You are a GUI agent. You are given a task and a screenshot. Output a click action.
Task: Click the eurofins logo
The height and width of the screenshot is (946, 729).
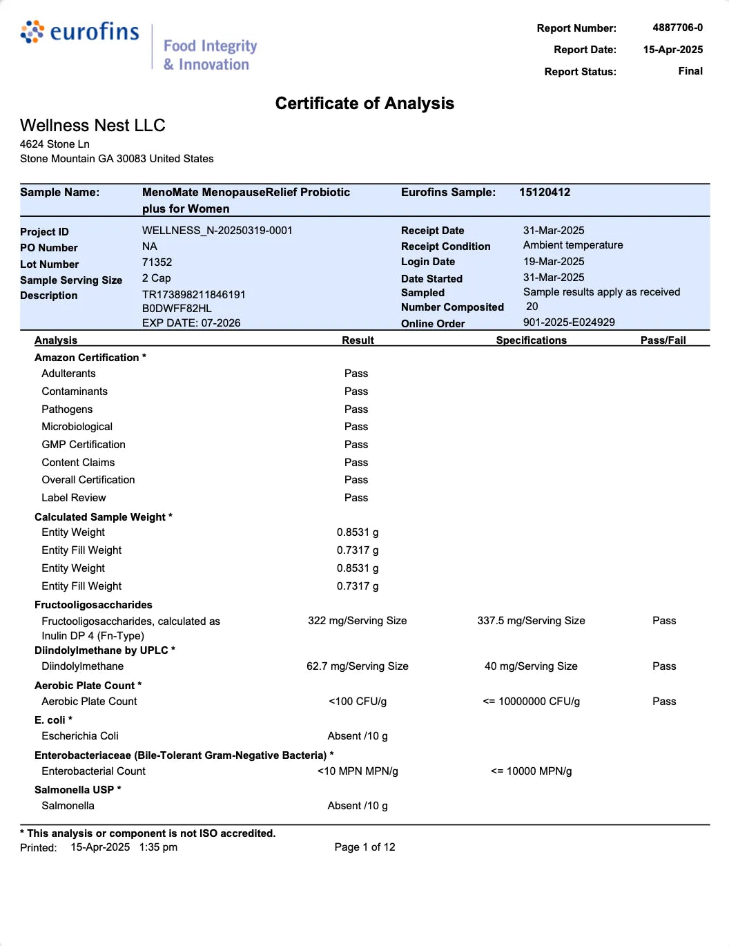pos(80,32)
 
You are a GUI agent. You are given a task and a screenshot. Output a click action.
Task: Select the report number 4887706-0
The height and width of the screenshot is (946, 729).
pos(677,28)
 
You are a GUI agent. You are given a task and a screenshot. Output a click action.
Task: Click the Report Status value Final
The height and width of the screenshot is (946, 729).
pos(690,71)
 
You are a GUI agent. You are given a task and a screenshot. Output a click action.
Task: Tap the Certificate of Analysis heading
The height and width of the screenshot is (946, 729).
pos(364,104)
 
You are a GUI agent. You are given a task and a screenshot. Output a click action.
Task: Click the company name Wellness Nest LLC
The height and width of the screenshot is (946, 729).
pos(93,126)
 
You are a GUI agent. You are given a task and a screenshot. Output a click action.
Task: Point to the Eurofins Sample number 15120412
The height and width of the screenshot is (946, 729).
pos(545,193)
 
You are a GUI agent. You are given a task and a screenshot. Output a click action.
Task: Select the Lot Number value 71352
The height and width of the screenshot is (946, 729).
pos(157,262)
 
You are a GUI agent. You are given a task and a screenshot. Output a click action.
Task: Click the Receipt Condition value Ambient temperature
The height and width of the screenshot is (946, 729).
pos(572,245)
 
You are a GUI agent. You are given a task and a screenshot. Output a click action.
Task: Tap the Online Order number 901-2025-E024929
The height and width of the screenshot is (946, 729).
pos(568,322)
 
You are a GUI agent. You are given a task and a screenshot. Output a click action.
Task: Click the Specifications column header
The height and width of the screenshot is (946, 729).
pos(531,340)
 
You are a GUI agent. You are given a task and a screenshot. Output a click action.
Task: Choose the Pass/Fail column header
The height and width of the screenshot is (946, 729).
pos(663,340)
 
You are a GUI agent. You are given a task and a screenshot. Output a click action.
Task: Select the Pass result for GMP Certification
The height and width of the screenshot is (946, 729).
pos(356,445)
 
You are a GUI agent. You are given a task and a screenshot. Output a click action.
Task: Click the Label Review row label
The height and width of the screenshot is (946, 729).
pos(74,498)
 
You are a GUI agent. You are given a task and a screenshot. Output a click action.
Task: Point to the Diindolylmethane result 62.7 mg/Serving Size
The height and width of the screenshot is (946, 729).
pos(357,666)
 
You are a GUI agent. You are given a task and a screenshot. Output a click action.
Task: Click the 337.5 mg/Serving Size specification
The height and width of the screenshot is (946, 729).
pos(531,621)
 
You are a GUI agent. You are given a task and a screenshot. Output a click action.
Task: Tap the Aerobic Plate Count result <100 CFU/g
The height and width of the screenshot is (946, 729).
pos(357,702)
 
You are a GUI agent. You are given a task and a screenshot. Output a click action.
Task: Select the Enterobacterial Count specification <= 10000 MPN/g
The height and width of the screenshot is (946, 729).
pos(531,771)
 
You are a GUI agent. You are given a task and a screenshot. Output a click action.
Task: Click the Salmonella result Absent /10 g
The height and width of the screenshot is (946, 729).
pos(357,806)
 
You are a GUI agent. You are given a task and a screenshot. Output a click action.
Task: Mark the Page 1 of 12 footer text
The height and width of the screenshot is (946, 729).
pos(364,847)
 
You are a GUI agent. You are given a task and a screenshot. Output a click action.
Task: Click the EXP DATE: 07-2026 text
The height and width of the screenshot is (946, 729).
pos(191,323)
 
